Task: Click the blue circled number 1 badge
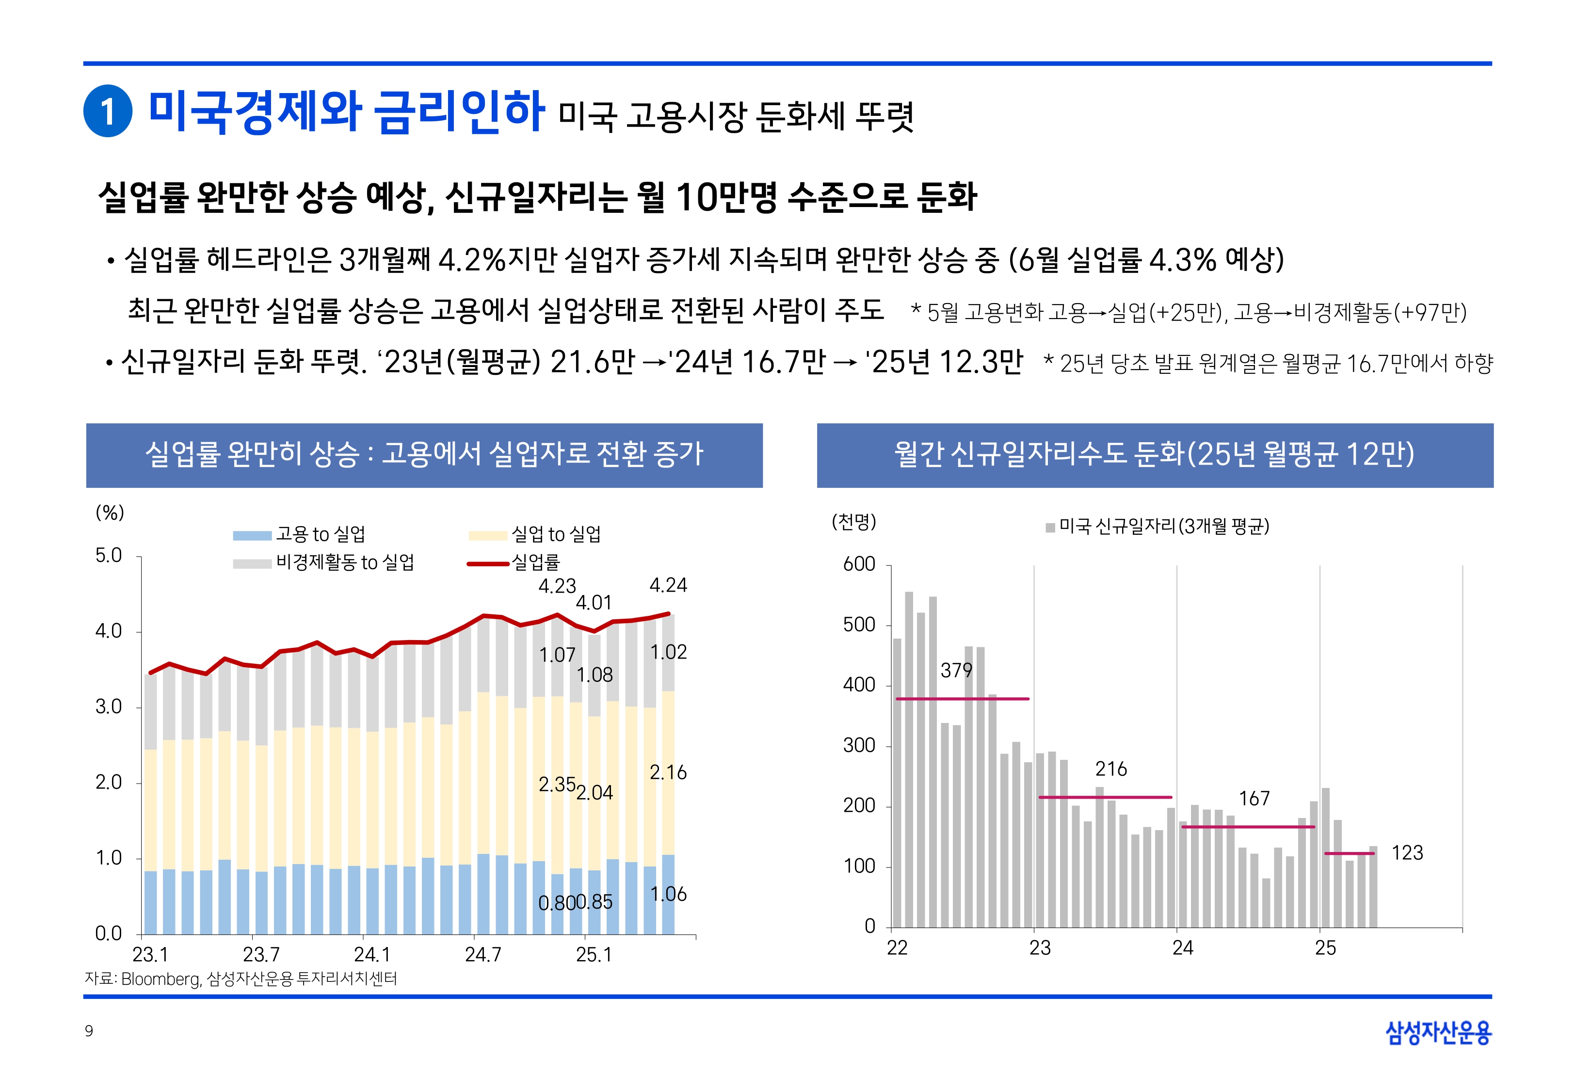[107, 111]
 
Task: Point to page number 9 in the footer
[89, 1031]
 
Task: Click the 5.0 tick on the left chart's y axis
[109, 556]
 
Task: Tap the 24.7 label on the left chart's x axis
[482, 954]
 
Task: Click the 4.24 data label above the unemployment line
[668, 585]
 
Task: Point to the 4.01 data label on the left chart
[593, 603]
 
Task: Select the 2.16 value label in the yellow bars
[668, 772]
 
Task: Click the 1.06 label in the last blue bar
[668, 894]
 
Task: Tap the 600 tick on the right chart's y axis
[859, 564]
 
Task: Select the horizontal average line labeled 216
[1105, 797]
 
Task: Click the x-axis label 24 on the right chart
[1182, 948]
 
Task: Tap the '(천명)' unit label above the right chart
[853, 522]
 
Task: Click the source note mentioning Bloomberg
[241, 979]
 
